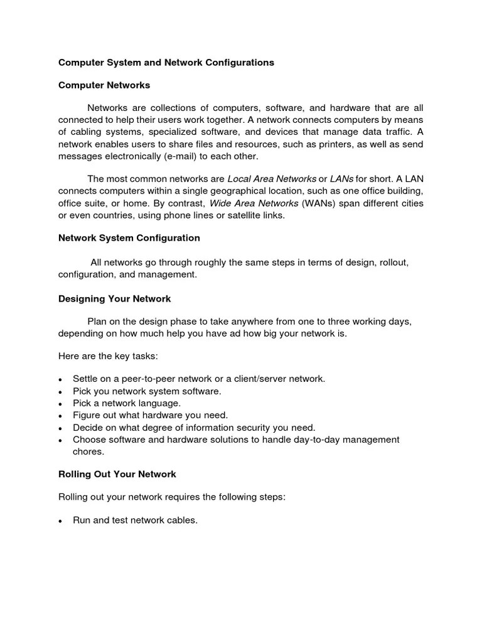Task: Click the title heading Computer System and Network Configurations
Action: (166, 63)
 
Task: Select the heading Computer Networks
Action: (104, 85)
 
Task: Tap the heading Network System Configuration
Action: (129, 238)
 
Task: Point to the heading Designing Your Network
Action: (114, 299)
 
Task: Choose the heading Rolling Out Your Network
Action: (117, 474)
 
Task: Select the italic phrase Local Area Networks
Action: (271, 179)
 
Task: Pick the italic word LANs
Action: (341, 179)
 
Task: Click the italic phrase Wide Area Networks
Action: (254, 203)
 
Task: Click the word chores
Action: (88, 451)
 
